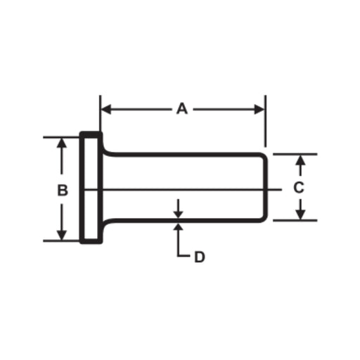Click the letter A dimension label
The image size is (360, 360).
pyautogui.click(x=182, y=109)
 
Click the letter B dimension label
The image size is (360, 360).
pyautogui.click(x=63, y=190)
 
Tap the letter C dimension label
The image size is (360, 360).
pyautogui.click(x=299, y=188)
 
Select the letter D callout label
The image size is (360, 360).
pyautogui.click(x=200, y=257)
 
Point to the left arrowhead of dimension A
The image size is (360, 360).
pyautogui.click(x=106, y=110)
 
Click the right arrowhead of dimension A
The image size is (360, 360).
pyautogui.click(x=259, y=110)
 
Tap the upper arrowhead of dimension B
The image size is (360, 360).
pyautogui.click(x=62, y=143)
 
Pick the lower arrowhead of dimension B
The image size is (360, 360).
pyautogui.click(x=62, y=236)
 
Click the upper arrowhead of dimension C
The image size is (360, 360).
pyautogui.click(x=300, y=160)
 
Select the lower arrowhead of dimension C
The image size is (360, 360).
pyautogui.click(x=300, y=214)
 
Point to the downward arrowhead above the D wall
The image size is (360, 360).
pyautogui.click(x=179, y=214)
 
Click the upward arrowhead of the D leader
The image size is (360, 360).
pyautogui.click(x=179, y=226)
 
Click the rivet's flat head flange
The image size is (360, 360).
pyautogui.click(x=91, y=188)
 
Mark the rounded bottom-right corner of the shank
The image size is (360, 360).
pyautogui.click(x=265, y=219)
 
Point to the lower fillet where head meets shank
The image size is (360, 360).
pyautogui.click(x=105, y=223)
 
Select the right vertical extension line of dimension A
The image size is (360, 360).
pyautogui.click(x=265, y=121)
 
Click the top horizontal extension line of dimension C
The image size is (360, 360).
pyautogui.click(x=295, y=154)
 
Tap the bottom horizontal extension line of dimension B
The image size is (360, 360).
pyautogui.click(x=61, y=240)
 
